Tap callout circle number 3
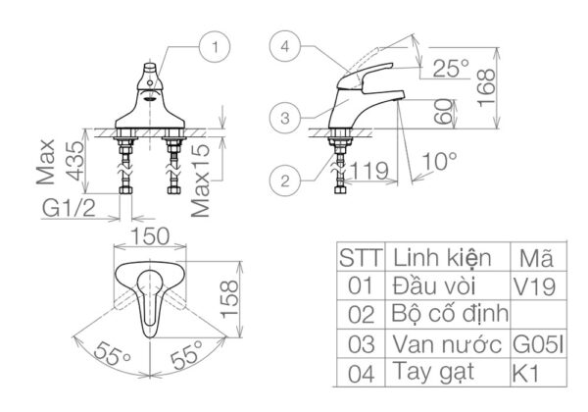(x=284, y=117)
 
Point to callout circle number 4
(x=284, y=45)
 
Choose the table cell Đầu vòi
(x=432, y=286)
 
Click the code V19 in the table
(x=534, y=287)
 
